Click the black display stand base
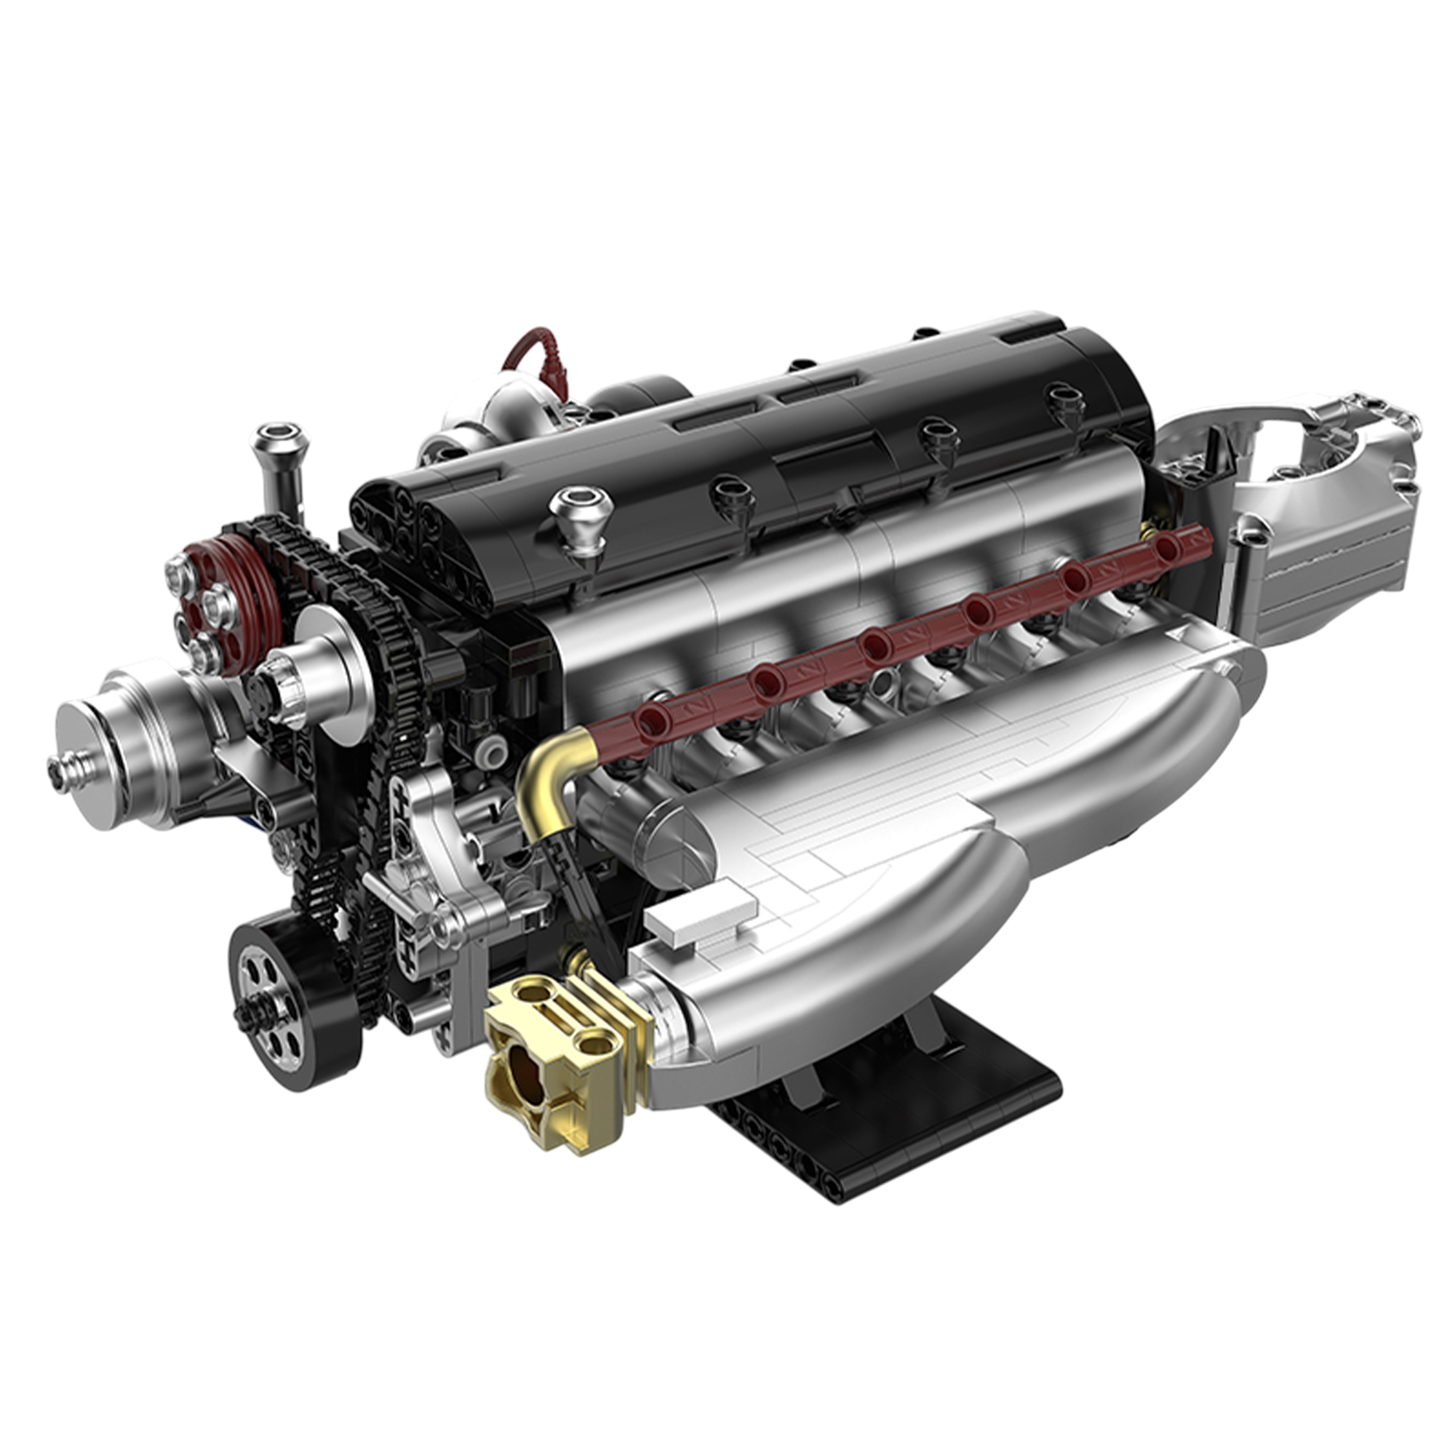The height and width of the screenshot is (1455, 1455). tap(889, 1107)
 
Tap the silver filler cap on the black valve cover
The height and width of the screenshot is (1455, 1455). tap(581, 512)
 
